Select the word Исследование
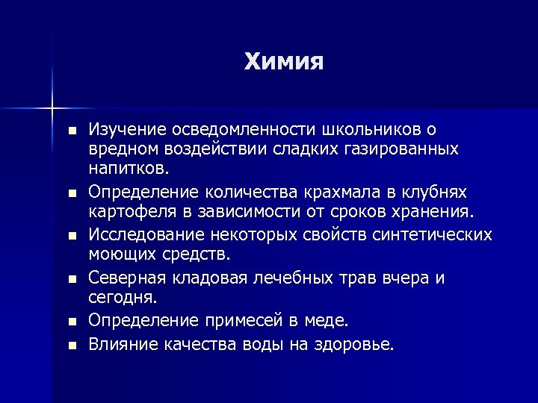click(144, 235)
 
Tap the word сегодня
click(121, 299)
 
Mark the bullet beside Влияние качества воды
click(71, 346)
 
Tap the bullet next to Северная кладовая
click(71, 280)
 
